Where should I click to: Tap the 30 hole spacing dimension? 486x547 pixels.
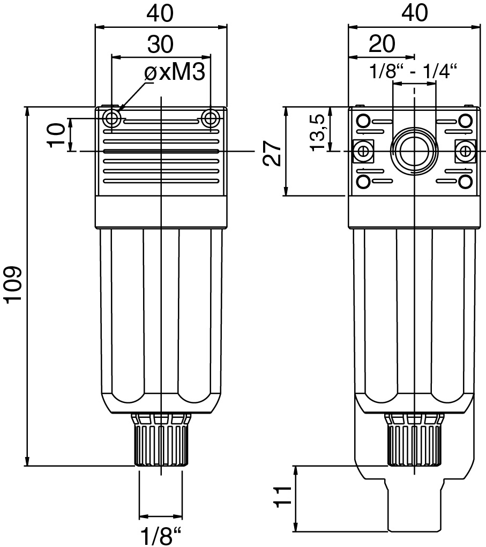(160, 44)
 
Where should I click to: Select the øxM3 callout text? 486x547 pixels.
(175, 72)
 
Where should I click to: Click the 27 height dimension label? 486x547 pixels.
(272, 153)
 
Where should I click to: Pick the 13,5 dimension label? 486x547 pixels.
(319, 132)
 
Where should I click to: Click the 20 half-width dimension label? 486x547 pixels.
(382, 43)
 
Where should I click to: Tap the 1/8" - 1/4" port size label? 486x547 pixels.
(414, 71)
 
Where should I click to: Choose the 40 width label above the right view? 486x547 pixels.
(414, 12)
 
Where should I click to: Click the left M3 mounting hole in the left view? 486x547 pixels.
(113, 118)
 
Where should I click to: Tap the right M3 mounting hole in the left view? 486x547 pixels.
(211, 118)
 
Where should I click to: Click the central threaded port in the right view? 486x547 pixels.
(414, 151)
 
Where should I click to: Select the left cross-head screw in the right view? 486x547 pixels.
(363, 152)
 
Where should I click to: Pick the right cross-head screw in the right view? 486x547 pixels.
(465, 152)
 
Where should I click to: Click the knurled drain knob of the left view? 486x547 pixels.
(161, 439)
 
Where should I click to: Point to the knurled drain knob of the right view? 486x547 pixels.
(414, 439)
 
